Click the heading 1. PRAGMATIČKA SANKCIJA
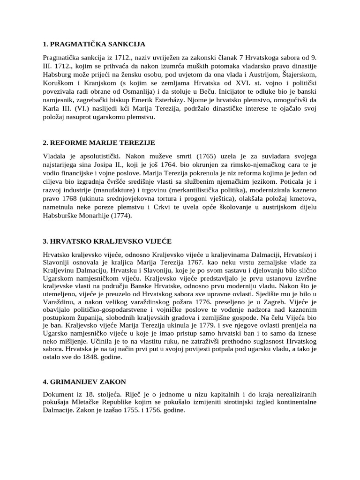(94, 45)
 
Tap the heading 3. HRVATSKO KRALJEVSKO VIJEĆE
(107, 241)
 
